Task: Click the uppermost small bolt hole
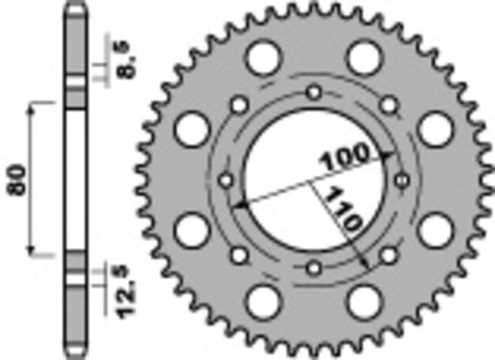coord(313,92)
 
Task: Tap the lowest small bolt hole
coord(313,267)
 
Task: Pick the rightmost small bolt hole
coord(402,179)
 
